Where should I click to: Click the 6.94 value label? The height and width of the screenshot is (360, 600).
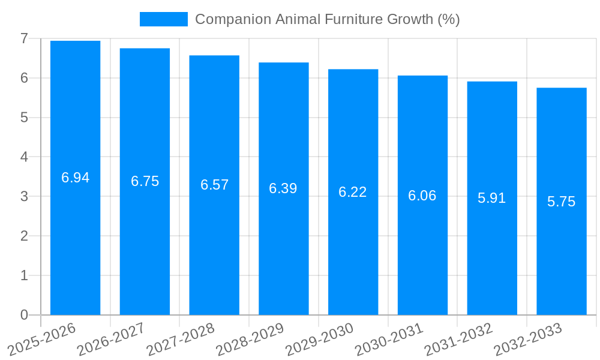76,178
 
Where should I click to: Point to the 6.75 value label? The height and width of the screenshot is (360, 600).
145,181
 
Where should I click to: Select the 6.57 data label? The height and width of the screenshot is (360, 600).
215,185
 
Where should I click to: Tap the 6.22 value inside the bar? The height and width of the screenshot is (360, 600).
353,192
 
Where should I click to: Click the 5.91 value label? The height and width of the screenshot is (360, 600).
492,198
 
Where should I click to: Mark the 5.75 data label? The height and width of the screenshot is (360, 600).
562,202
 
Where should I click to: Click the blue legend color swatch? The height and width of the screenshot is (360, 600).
163,19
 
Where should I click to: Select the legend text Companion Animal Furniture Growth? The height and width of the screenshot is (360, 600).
327,19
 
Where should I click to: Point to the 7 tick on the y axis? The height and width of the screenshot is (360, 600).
24,38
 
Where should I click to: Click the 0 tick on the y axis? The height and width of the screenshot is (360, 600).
24,315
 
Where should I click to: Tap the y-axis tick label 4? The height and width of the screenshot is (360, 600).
24,157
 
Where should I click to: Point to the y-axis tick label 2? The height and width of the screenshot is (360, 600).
24,236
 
